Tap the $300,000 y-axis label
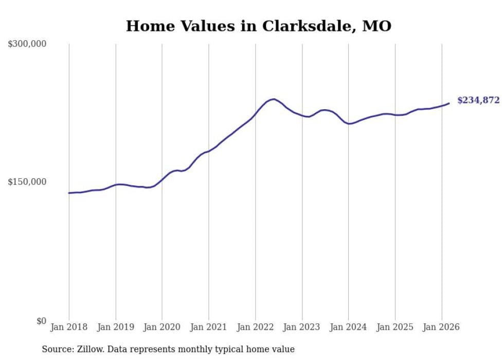27,44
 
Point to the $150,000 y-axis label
27,182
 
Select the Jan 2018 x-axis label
69,327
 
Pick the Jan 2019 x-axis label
116,327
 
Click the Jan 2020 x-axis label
162,327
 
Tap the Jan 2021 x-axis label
209,327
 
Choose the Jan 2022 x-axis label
255,327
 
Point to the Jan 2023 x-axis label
302,327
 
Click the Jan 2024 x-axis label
348,327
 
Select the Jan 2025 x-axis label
395,327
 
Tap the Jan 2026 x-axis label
441,327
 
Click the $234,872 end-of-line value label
478,100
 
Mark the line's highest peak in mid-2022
274,99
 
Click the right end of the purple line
449,104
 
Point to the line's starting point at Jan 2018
69,193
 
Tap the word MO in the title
377,26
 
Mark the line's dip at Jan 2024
349,124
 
